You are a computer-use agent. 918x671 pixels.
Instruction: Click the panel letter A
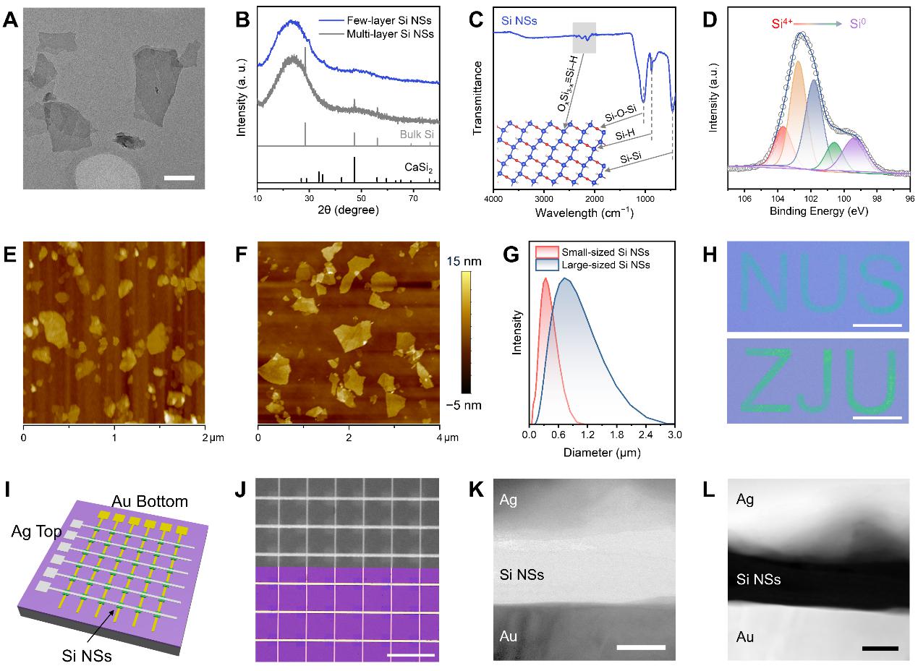coord(11,20)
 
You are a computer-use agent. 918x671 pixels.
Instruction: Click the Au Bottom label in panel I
coord(149,500)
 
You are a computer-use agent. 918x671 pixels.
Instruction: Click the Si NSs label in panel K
coord(522,575)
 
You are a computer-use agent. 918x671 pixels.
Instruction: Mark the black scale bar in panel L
coord(880,648)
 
